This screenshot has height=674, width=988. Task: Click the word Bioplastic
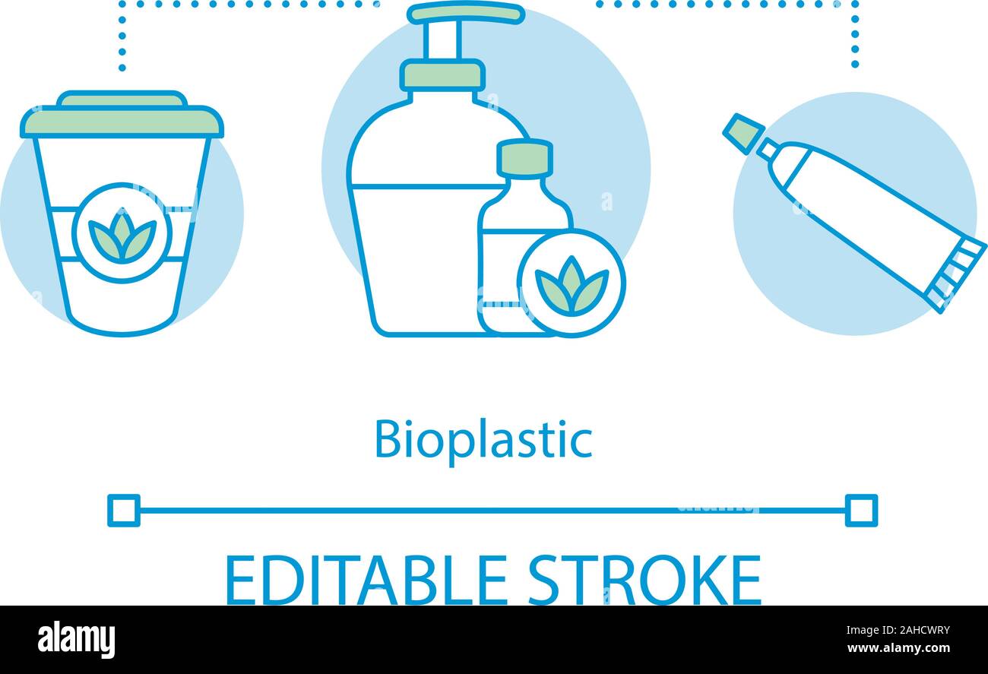coord(483,440)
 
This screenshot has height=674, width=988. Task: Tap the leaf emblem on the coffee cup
coord(122,233)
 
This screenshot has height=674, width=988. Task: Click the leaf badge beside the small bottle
coord(572,283)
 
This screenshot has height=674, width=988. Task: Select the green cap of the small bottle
coord(524,157)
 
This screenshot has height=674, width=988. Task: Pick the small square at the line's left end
coord(124,510)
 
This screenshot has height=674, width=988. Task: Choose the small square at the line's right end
coord(861,510)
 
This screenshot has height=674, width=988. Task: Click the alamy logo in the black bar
coord(76,639)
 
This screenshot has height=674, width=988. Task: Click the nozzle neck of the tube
coord(767,149)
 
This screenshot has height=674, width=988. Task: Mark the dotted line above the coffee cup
coord(122,38)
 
